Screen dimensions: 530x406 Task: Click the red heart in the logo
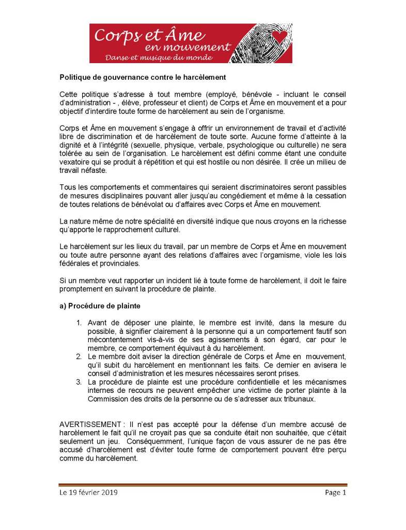pyautogui.click(x=280, y=36)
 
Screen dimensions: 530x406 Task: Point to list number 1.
pyautogui.click(x=79, y=322)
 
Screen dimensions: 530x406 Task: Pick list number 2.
pyautogui.click(x=79, y=357)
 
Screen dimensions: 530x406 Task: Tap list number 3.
pyautogui.click(x=79, y=383)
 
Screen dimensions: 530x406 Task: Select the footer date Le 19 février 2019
pyautogui.click(x=88, y=493)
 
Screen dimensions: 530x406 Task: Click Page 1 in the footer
pyautogui.click(x=335, y=493)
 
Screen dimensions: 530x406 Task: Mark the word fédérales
pyautogui.click(x=76, y=263)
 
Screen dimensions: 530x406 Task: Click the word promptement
pyautogui.click(x=83, y=289)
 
